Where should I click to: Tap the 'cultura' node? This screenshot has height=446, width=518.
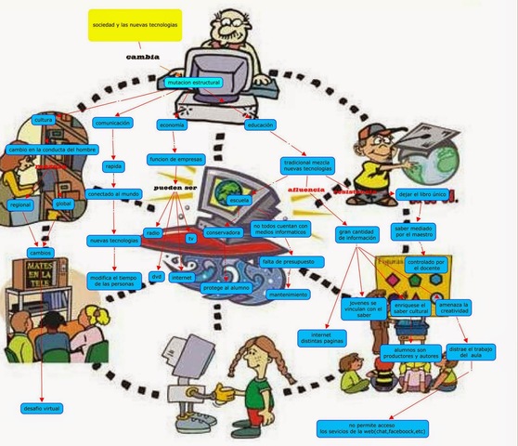click(43, 121)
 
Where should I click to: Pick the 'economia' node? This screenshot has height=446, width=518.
click(173, 125)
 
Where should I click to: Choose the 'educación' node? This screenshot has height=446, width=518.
click(260, 125)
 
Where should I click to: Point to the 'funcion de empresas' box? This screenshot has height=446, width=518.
click(175, 159)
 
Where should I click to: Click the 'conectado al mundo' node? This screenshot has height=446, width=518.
click(114, 194)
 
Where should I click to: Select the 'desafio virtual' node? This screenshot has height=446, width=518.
click(41, 408)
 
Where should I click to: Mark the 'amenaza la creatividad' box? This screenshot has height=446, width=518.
click(454, 308)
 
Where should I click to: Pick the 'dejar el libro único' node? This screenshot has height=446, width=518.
click(422, 194)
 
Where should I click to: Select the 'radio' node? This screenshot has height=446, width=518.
click(155, 231)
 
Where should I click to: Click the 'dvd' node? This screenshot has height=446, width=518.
click(157, 277)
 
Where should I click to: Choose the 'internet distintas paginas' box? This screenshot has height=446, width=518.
click(321, 337)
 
